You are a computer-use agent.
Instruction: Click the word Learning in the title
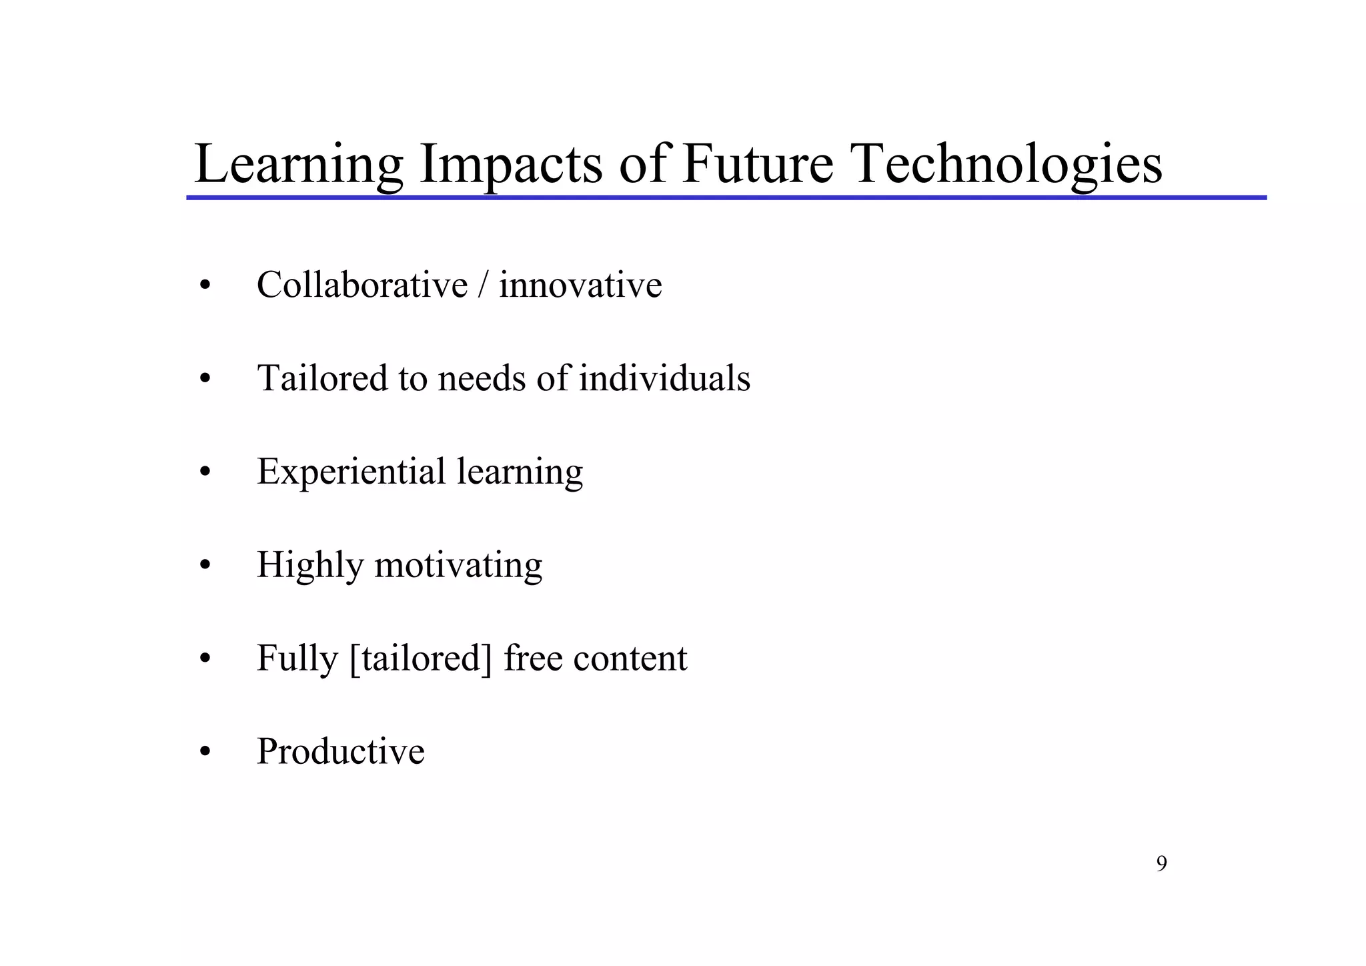click(x=298, y=164)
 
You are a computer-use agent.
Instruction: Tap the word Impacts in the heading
click(x=510, y=164)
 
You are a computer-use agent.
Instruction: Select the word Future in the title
click(x=758, y=164)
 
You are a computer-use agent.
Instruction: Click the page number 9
click(x=1161, y=864)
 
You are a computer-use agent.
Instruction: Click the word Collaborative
click(x=362, y=285)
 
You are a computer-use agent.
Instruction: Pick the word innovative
click(x=580, y=285)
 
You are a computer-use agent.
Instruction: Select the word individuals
click(x=664, y=378)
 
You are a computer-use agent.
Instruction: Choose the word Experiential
click(x=351, y=472)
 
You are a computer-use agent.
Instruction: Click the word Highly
click(x=309, y=566)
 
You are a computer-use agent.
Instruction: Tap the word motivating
click(x=458, y=566)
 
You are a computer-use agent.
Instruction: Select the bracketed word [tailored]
click(x=420, y=658)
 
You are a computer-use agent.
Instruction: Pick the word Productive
click(x=340, y=751)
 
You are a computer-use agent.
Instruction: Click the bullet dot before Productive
click(x=205, y=753)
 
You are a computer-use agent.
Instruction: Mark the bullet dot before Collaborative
click(x=205, y=286)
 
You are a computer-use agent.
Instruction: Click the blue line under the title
click(x=726, y=198)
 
